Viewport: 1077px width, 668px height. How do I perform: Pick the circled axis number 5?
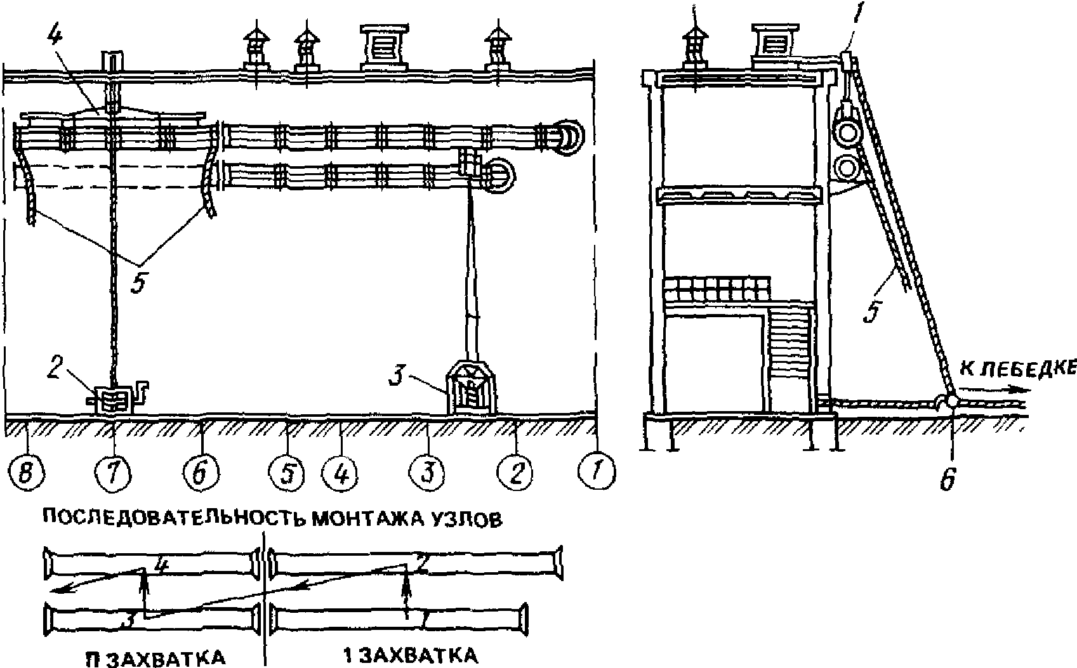click(x=287, y=475)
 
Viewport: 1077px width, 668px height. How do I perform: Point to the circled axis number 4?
click(x=341, y=475)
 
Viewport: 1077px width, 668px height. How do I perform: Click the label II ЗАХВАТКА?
click(x=155, y=657)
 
